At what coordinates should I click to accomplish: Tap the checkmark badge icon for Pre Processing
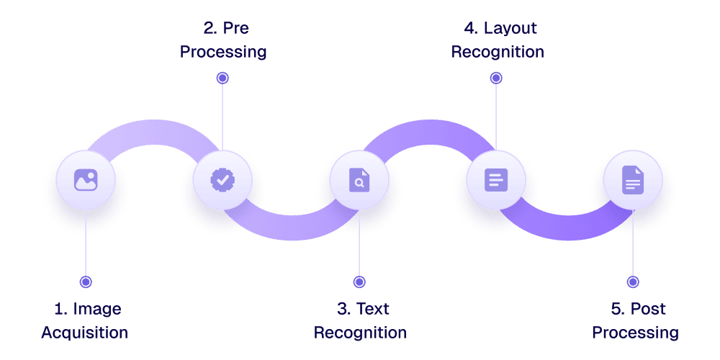(x=222, y=179)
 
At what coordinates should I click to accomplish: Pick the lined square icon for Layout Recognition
(x=496, y=179)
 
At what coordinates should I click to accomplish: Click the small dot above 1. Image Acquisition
(x=86, y=282)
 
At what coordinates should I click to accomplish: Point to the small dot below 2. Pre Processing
(x=222, y=77)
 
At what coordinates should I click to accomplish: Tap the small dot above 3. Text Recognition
(x=359, y=282)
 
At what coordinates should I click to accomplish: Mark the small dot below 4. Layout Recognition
(x=496, y=77)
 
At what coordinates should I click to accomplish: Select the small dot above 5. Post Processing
(x=633, y=282)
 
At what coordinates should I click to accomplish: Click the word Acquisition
(x=84, y=333)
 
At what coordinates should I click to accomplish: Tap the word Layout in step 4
(x=510, y=29)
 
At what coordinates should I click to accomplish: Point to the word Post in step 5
(x=648, y=309)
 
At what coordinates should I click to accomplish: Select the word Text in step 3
(x=374, y=309)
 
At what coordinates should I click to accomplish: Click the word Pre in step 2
(x=238, y=29)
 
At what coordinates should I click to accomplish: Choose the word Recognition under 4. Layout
(x=498, y=53)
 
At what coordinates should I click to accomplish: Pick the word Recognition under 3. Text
(x=360, y=333)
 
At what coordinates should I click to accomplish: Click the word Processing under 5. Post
(x=635, y=333)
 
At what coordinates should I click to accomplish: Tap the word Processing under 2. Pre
(x=223, y=53)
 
